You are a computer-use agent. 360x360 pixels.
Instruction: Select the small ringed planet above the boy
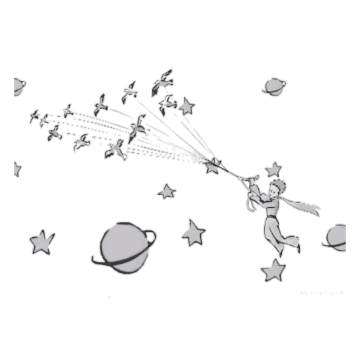(273, 86)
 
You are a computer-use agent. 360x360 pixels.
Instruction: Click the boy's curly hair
(280, 184)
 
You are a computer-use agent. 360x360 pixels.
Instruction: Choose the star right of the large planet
(194, 232)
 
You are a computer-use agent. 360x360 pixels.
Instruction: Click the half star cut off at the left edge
(17, 169)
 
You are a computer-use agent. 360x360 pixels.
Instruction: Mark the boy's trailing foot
(298, 247)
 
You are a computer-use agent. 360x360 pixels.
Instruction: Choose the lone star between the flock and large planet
(166, 191)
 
